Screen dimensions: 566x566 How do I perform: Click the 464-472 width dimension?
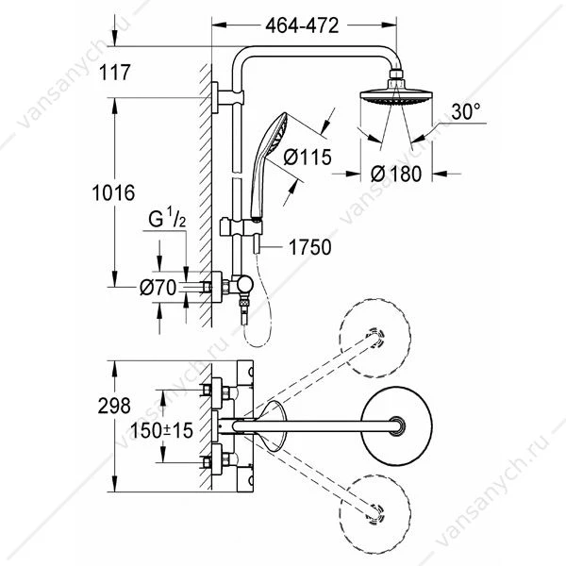[302, 26]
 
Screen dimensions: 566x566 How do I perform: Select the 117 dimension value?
[114, 73]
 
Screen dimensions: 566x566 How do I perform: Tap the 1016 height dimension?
[113, 192]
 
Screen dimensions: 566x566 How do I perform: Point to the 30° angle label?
[466, 111]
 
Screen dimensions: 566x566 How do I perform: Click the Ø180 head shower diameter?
[396, 174]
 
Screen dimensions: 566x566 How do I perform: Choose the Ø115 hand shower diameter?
[308, 157]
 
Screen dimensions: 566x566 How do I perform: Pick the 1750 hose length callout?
[309, 247]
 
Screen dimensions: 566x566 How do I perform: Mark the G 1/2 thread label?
[167, 219]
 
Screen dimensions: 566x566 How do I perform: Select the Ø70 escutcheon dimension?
[158, 288]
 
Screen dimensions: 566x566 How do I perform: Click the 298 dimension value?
[114, 406]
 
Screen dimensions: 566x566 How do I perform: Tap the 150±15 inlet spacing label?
[161, 430]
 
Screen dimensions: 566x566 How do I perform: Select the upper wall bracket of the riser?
[227, 98]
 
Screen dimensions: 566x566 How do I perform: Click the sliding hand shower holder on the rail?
[241, 227]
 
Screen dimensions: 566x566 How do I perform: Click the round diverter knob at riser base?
[245, 286]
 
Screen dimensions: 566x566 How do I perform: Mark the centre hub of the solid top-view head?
[396, 426]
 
